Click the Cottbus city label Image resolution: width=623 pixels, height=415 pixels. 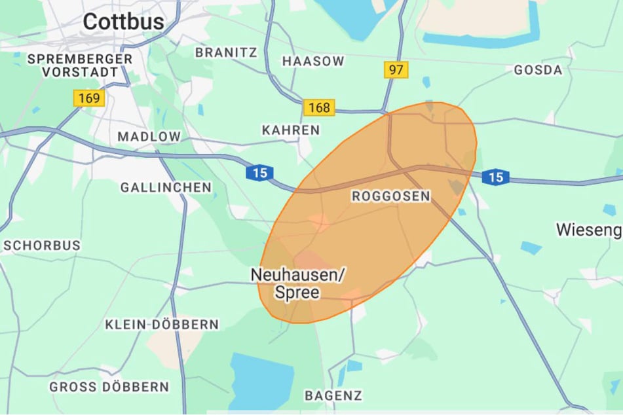(123, 22)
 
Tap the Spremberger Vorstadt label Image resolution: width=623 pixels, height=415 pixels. (79, 65)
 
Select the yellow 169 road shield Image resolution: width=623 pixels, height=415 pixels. (89, 99)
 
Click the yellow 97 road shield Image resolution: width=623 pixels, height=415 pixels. (396, 70)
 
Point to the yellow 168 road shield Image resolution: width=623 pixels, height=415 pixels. (319, 107)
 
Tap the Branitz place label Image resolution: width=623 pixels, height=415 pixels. (227, 52)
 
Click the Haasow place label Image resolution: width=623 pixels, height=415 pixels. (313, 61)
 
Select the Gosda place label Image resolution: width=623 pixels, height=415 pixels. (538, 70)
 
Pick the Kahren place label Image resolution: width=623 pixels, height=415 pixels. (291, 130)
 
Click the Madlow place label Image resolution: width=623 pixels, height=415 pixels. (149, 137)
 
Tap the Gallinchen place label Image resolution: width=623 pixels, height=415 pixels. (166, 188)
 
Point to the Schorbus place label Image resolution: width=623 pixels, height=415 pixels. (42, 245)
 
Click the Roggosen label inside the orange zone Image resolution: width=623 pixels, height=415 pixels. (391, 196)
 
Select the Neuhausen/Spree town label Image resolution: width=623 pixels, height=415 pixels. (297, 283)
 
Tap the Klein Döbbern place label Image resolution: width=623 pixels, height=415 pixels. (162, 325)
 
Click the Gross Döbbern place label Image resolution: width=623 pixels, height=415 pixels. (109, 387)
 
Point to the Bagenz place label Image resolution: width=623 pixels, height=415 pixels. (333, 395)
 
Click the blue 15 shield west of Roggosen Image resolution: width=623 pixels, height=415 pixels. (259, 173)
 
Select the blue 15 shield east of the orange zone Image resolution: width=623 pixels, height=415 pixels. (495, 177)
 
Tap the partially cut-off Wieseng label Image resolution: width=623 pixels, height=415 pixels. (588, 230)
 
